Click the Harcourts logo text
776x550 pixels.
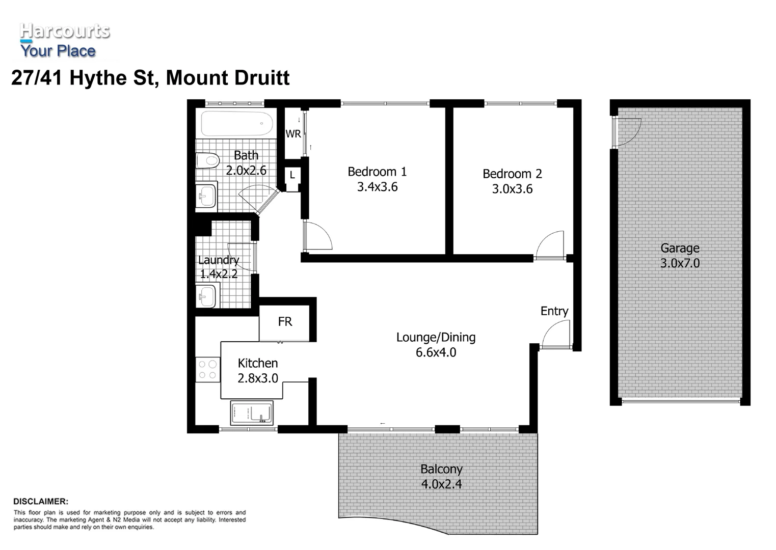pyautogui.click(x=64, y=32)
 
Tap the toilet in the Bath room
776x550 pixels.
pyautogui.click(x=207, y=160)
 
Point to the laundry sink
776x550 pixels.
pyautogui.click(x=206, y=296)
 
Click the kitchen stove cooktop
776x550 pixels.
pyautogui.click(x=207, y=370)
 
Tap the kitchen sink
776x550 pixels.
pyautogui.click(x=252, y=413)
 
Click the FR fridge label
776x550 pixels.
pyautogui.click(x=285, y=322)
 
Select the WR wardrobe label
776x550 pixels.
pyautogui.click(x=293, y=134)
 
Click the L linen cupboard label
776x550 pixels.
pyautogui.click(x=292, y=175)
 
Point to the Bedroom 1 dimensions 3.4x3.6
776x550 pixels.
pyautogui.click(x=377, y=187)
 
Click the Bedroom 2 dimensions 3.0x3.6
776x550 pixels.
pyautogui.click(x=512, y=189)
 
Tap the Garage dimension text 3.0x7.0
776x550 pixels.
pyautogui.click(x=680, y=263)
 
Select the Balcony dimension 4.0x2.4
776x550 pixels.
pyautogui.click(x=441, y=484)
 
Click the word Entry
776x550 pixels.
pyautogui.click(x=554, y=311)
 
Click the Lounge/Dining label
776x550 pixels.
pyautogui.click(x=436, y=337)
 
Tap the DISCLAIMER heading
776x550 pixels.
pyautogui.click(x=41, y=502)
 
